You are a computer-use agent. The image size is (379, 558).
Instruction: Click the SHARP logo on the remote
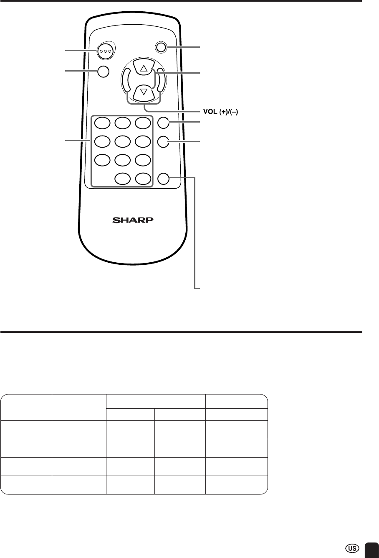[x=133, y=220]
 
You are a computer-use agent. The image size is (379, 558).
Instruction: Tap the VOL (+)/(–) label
[x=221, y=112]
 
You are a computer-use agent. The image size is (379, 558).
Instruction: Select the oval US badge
[x=352, y=548]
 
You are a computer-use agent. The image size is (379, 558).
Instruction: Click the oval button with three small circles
[x=106, y=51]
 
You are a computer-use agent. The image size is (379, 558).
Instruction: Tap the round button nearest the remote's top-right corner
[x=161, y=47]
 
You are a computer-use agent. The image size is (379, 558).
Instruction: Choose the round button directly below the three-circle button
[x=103, y=72]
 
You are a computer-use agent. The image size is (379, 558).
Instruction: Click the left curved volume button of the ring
[x=126, y=80]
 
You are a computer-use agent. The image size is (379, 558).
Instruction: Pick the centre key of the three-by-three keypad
[x=123, y=141]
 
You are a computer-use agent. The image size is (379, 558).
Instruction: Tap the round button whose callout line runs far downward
[x=164, y=179]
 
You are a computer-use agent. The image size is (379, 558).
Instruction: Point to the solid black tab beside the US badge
[x=371, y=550]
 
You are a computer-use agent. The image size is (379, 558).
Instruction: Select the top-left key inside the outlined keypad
[x=102, y=123]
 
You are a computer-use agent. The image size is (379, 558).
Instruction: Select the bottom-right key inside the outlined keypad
[x=143, y=179]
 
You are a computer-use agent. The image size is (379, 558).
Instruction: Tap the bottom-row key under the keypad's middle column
[x=123, y=179]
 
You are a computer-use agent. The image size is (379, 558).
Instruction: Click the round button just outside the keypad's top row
[x=164, y=123]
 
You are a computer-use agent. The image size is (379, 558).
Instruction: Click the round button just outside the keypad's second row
[x=164, y=141]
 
